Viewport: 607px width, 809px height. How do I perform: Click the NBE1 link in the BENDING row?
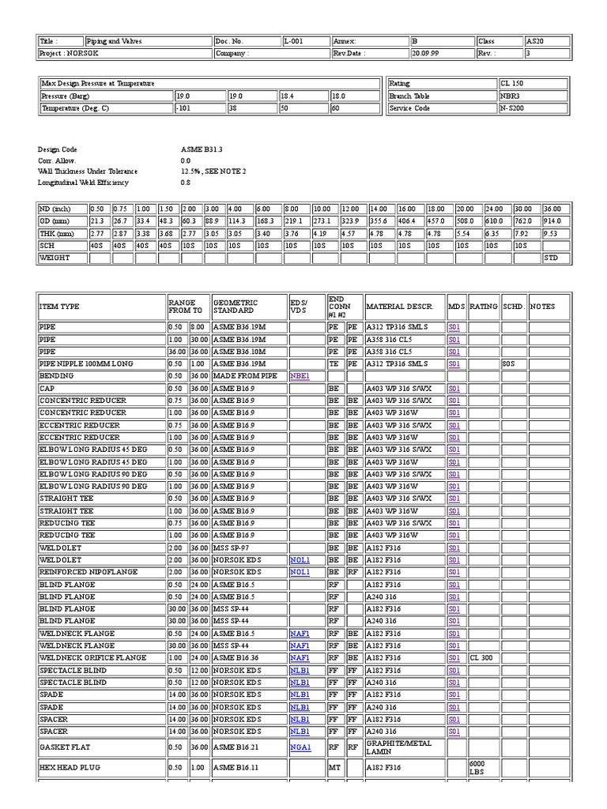tap(300, 376)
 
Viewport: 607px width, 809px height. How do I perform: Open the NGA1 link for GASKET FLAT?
tap(300, 747)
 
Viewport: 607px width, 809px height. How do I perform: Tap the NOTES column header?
tap(543, 307)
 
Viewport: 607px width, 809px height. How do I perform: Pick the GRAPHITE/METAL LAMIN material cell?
tap(399, 747)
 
